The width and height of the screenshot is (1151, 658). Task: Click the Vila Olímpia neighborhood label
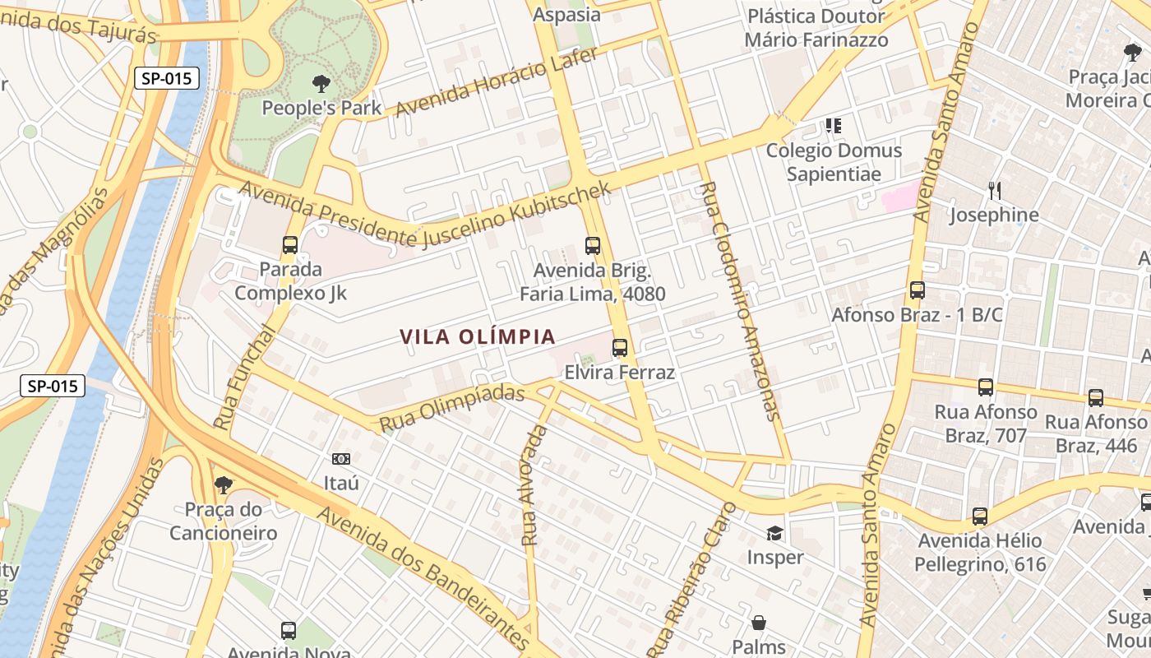point(478,336)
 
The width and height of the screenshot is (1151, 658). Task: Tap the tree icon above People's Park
point(321,83)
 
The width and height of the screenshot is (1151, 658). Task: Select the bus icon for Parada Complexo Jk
point(289,244)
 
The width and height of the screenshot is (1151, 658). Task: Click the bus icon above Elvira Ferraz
point(620,348)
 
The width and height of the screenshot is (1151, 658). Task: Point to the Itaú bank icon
point(340,459)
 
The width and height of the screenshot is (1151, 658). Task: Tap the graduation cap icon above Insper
point(774,534)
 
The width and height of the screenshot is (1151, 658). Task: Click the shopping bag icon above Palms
point(759,623)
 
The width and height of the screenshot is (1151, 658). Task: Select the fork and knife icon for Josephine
point(995,191)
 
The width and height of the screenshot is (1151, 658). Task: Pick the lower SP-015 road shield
point(53,385)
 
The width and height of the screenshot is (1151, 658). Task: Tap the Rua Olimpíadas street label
point(451,409)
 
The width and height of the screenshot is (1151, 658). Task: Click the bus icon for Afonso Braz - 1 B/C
point(918,290)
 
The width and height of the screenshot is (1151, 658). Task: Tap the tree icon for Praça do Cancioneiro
point(223,485)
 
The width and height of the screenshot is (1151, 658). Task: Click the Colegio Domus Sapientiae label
point(834,162)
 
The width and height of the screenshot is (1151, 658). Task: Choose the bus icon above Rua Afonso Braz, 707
point(985,387)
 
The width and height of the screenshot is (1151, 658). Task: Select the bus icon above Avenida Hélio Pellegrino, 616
point(979,517)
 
